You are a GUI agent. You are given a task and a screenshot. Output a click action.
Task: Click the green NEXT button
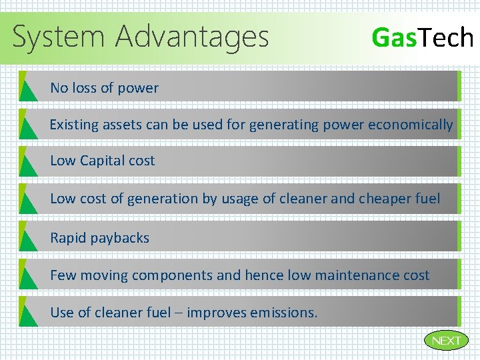(446, 341)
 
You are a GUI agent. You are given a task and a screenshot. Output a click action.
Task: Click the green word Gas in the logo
(393, 37)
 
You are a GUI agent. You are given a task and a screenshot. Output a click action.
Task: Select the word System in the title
(59, 37)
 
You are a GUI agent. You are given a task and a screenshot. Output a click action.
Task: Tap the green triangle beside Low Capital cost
(27, 163)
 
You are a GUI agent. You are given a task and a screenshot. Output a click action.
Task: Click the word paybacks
(121, 238)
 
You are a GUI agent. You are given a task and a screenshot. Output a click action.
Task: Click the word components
(171, 275)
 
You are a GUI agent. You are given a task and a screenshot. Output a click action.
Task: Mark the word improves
(217, 313)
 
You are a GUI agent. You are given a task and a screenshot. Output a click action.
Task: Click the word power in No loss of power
(139, 88)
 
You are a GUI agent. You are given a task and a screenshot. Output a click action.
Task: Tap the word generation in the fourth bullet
(161, 199)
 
